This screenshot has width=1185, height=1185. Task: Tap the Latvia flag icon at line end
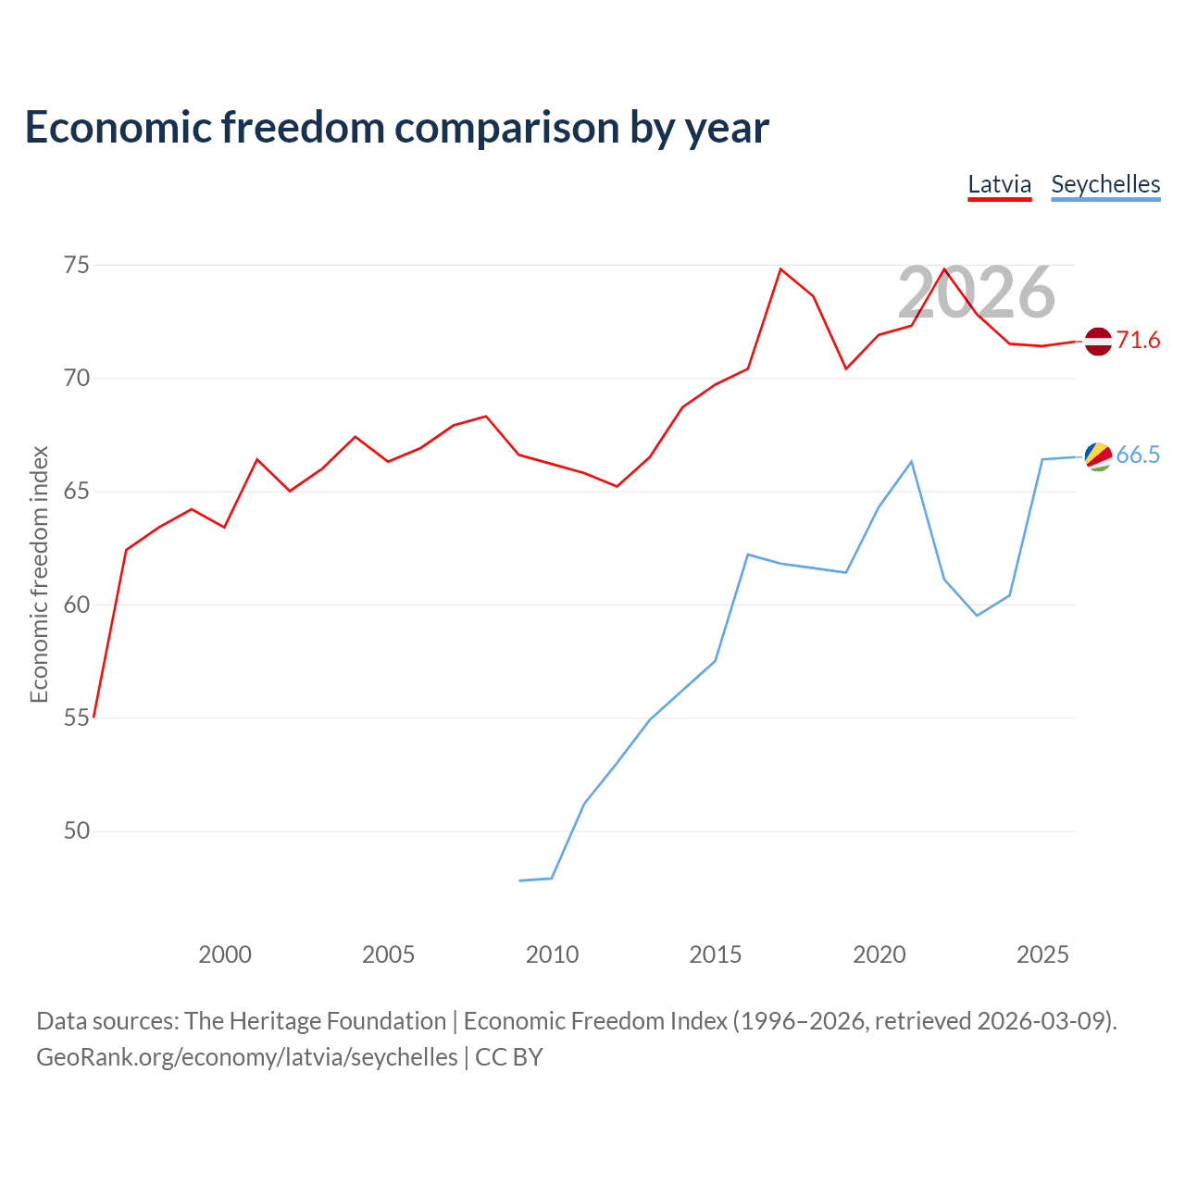(x=1098, y=342)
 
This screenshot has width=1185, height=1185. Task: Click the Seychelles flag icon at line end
(x=1098, y=456)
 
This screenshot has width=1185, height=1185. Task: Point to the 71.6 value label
(x=1138, y=340)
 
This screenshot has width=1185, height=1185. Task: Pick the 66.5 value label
(x=1138, y=455)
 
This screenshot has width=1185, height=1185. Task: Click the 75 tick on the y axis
(x=77, y=266)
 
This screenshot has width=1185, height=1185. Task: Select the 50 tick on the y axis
(x=77, y=831)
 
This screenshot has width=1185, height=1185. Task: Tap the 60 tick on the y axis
(x=77, y=605)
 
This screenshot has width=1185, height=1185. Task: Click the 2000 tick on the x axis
(x=224, y=955)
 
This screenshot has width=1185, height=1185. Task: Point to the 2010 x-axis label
(x=552, y=955)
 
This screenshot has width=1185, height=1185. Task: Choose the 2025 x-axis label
(x=1043, y=955)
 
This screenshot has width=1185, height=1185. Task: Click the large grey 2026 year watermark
(x=977, y=293)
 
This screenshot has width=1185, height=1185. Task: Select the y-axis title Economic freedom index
(x=39, y=574)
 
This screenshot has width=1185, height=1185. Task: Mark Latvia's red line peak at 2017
(x=780, y=268)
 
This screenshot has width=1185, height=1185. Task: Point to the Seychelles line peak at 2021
(x=911, y=461)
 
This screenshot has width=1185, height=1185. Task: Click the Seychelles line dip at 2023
(x=977, y=616)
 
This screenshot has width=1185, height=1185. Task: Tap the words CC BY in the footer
(x=508, y=1058)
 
